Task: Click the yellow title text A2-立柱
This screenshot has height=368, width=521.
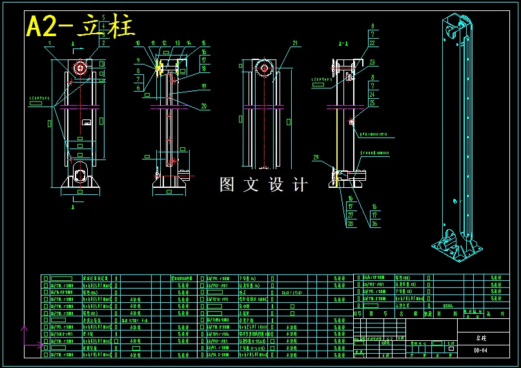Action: pos(80,26)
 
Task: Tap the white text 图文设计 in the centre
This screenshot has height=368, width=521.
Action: pos(263,185)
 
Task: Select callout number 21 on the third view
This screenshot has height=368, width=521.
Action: pos(295,44)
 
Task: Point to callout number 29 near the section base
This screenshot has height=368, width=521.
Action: pos(316,158)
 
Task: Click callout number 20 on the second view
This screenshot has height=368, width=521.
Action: pos(204,106)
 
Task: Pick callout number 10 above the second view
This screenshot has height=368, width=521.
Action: pos(137,43)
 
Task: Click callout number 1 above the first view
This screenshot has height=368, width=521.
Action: pos(49,43)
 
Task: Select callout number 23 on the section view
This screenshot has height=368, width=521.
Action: pos(373,62)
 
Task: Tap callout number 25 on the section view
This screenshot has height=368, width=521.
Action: pos(373,103)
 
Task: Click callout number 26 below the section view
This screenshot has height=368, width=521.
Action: pos(374,224)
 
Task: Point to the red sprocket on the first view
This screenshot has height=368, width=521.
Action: pos(80,67)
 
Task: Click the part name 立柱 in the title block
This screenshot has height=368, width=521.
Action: pos(482,338)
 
